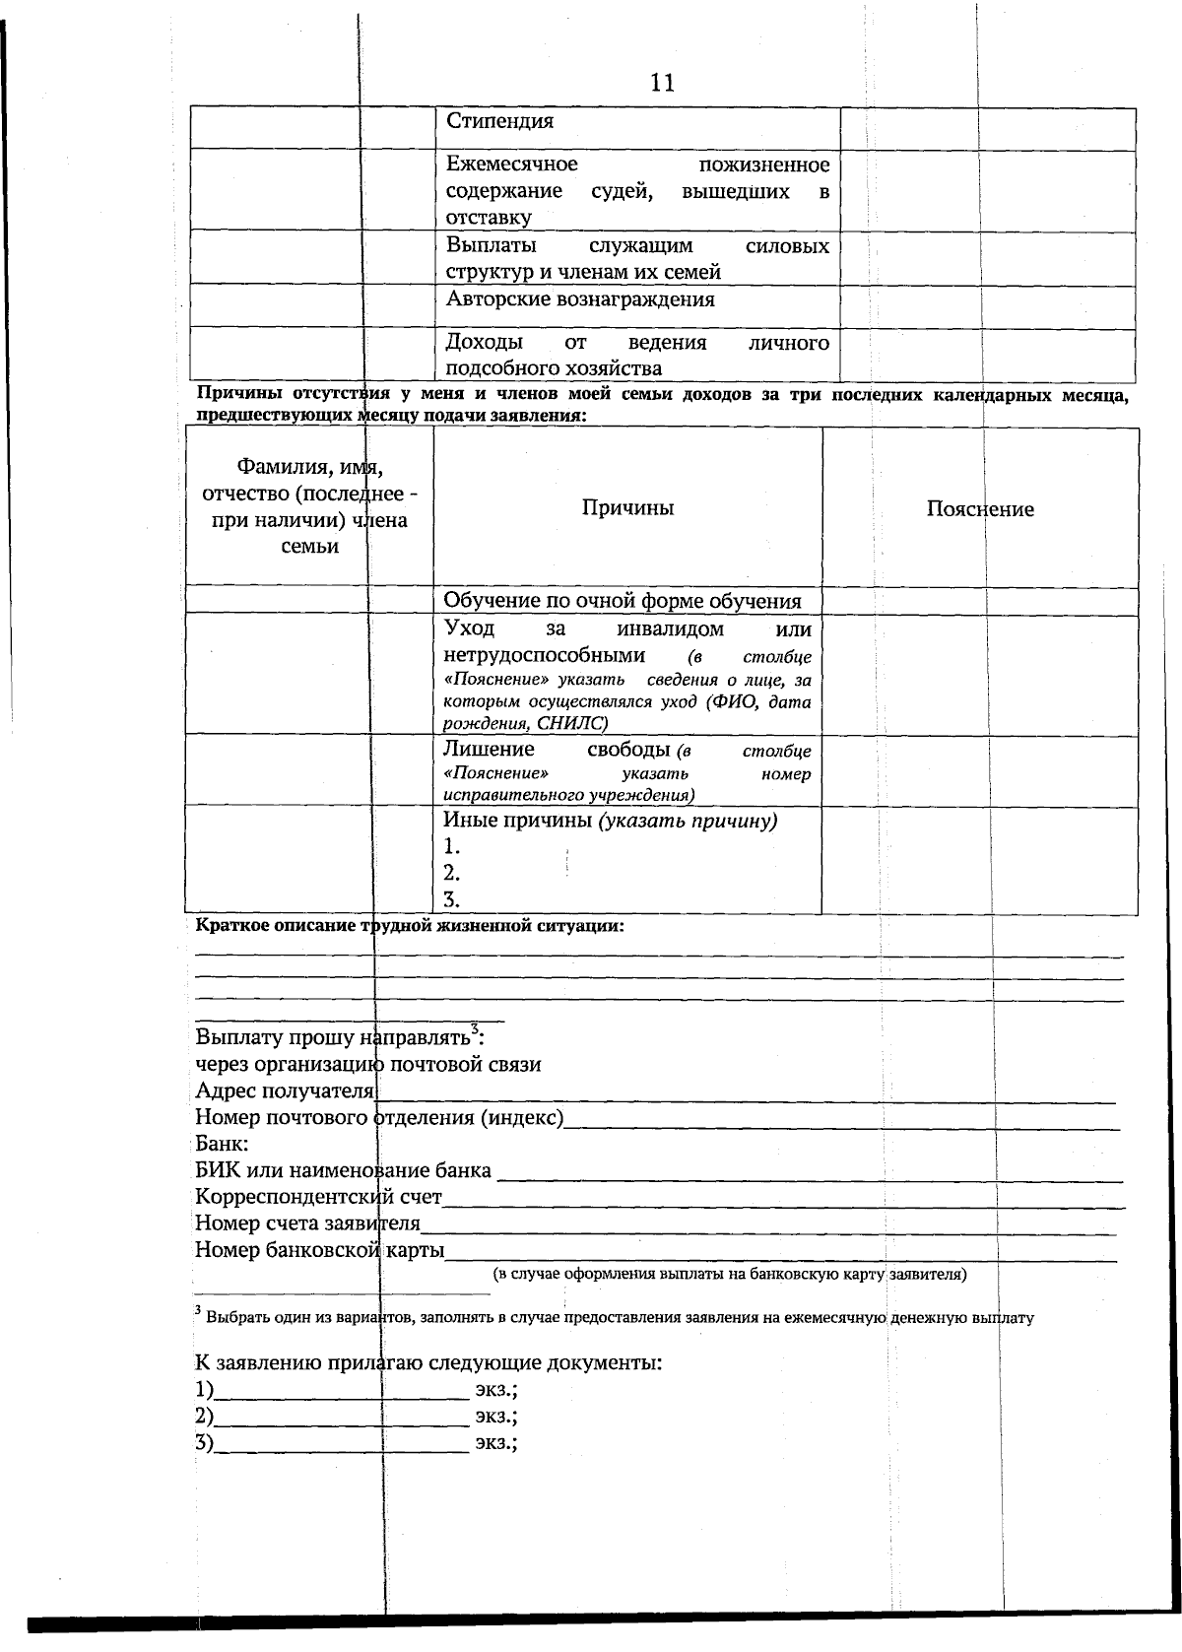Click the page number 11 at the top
coord(662,83)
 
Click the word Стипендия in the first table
coord(500,122)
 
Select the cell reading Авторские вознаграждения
coord(580,299)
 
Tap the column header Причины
coord(627,508)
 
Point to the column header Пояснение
coord(980,509)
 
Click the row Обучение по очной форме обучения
coord(622,601)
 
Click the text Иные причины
coord(517,821)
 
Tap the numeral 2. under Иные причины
coord(452,873)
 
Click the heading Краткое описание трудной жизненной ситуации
coord(410,927)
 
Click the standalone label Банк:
coord(221,1145)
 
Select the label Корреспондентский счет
coord(318,1198)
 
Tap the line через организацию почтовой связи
coord(367,1065)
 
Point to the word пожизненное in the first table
coord(763,165)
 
